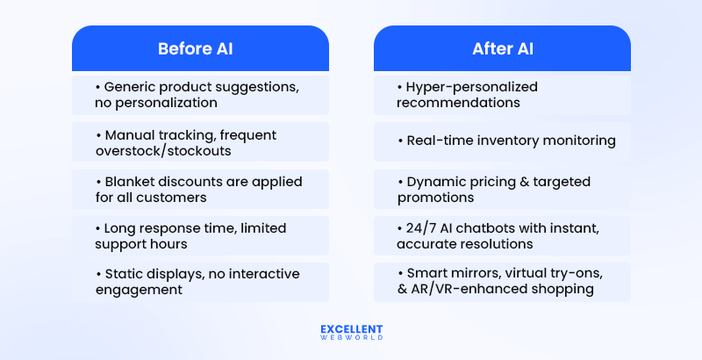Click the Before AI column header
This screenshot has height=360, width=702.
pos(200,48)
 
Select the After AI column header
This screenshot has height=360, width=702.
pos(502,48)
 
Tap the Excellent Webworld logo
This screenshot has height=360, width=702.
pos(350,332)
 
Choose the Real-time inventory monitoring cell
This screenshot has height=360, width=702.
pos(502,140)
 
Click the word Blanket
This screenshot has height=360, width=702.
pos(129,182)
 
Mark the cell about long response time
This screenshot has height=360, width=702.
pos(200,236)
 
